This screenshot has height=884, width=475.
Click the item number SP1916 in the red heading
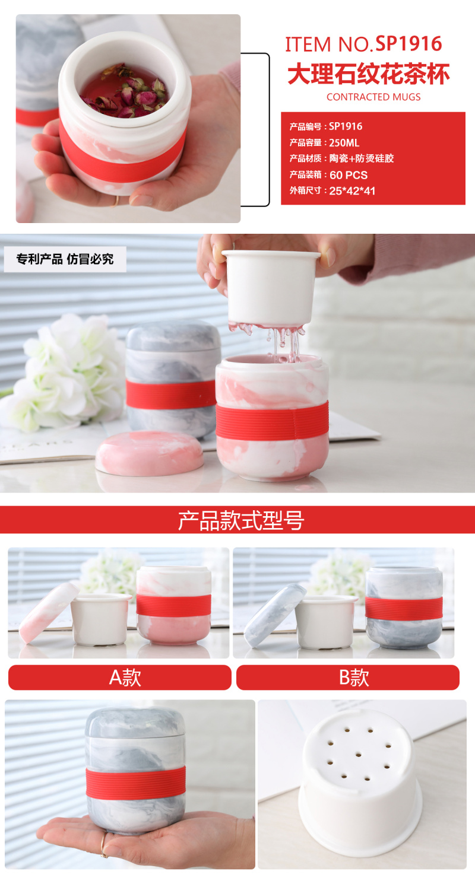pyautogui.click(x=408, y=44)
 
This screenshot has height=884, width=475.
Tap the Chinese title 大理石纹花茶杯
pyautogui.click(x=369, y=74)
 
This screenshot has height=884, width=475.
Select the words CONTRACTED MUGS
pyautogui.click(x=373, y=97)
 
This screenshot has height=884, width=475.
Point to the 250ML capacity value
pyautogui.click(x=344, y=143)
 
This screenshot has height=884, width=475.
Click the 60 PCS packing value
pyautogui.click(x=349, y=175)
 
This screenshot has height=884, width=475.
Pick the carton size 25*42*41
pyautogui.click(x=352, y=191)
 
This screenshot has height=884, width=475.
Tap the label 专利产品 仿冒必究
pyautogui.click(x=65, y=259)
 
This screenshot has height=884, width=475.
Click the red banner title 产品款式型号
pyautogui.click(x=241, y=520)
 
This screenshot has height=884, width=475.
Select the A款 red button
pyautogui.click(x=119, y=678)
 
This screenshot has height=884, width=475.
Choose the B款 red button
pyautogui.click(x=348, y=678)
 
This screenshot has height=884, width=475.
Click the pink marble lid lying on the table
pyautogui.click(x=150, y=453)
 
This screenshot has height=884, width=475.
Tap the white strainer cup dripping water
pyautogui.click(x=271, y=289)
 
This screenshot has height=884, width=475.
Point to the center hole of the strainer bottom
pyautogui.click(x=358, y=755)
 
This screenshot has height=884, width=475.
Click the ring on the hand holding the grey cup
pyautogui.click(x=103, y=845)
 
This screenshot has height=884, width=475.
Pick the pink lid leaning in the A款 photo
pyautogui.click(x=49, y=613)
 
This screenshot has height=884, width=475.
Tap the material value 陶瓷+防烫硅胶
pyautogui.click(x=361, y=158)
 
